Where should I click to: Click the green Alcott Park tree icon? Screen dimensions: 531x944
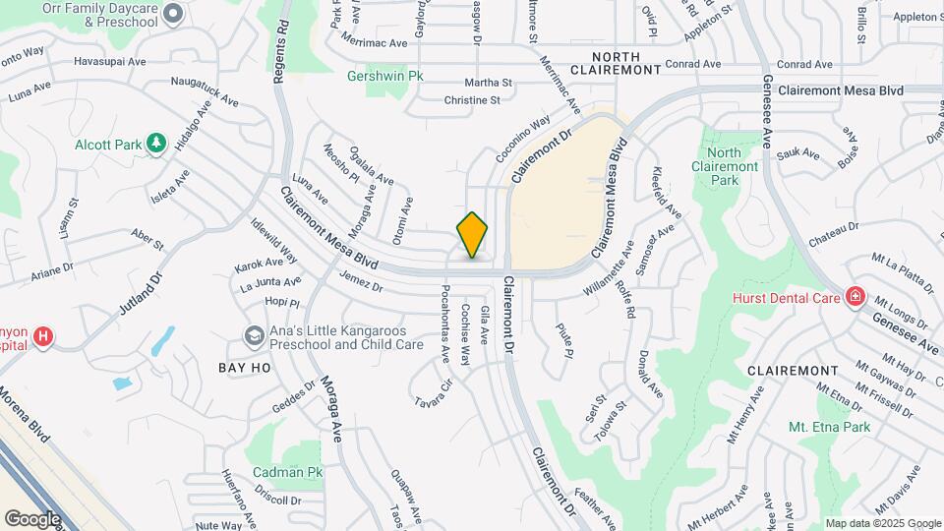pos(155,144)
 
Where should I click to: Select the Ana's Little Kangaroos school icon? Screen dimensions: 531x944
pos(255,337)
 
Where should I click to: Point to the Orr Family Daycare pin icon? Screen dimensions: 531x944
pos(173,13)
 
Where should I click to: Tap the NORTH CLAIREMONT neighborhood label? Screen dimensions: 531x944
pos(625,64)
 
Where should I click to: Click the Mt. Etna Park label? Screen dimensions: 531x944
pos(829,428)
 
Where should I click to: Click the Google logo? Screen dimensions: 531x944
pos(31,518)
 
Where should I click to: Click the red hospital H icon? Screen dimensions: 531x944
pos(43,337)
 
